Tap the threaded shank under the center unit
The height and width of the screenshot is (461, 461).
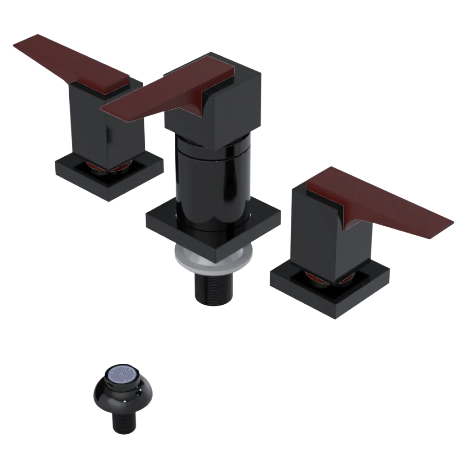coord(213,286)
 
